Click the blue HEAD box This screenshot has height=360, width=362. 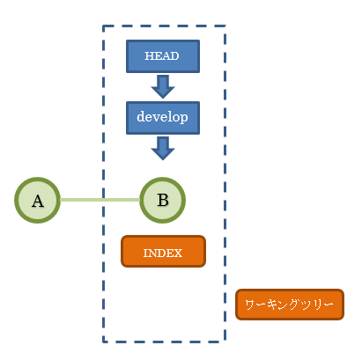(162, 55)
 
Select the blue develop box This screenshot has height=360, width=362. (162, 117)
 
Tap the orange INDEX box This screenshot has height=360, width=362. (163, 252)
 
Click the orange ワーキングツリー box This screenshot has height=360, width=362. (289, 304)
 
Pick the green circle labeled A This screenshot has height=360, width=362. (37, 200)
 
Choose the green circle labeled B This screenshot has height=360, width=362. (162, 200)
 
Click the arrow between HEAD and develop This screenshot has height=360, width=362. (162, 86)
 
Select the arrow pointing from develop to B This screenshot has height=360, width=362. (162, 147)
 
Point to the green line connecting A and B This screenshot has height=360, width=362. (100, 200)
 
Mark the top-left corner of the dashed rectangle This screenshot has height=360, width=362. (104, 26)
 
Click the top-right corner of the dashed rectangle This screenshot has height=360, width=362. (225, 26)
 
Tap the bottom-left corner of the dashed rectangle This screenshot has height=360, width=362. (104, 341)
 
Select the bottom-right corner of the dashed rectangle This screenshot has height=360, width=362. (225, 341)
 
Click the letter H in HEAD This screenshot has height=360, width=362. (148, 55)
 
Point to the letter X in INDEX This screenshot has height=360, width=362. (178, 253)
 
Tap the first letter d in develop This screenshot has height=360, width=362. (140, 117)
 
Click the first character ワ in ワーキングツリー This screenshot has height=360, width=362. (249, 304)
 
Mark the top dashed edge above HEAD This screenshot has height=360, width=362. (163, 26)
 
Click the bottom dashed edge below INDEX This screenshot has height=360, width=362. (163, 341)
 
